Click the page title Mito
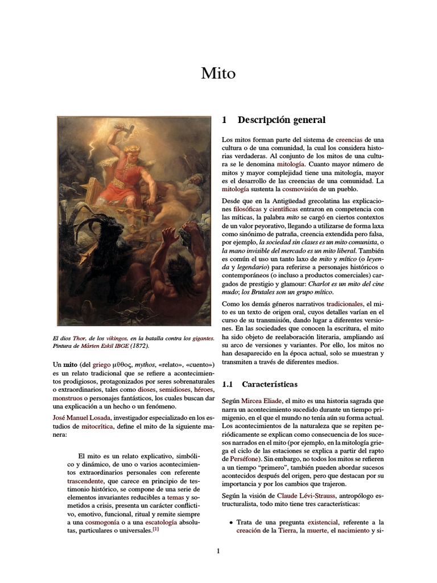tap(218, 73)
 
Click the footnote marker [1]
tap(155, 529)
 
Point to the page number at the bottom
tap(218, 551)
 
